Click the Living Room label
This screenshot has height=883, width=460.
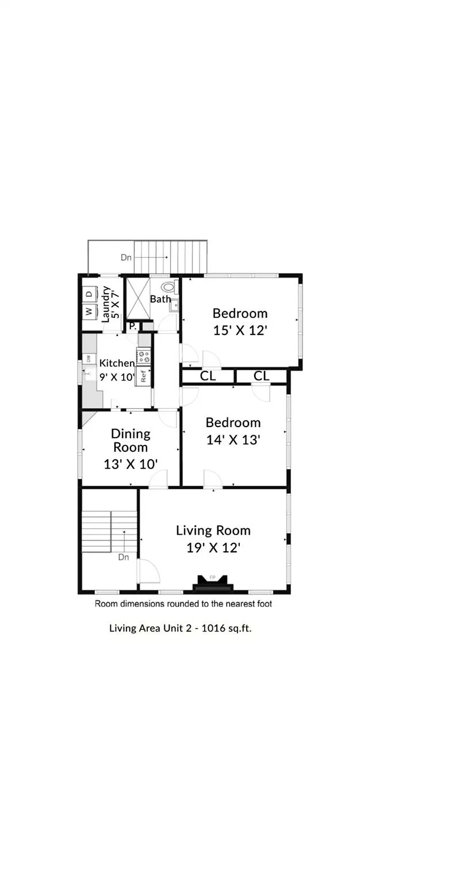coord(213,530)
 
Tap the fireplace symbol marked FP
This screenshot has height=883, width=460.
coord(212,583)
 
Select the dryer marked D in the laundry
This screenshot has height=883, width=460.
coord(89,294)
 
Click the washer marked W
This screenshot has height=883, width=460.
coord(89,311)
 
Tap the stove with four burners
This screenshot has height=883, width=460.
coord(144,356)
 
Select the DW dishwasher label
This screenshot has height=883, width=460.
coord(89,359)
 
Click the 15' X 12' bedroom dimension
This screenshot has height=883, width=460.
coord(240,331)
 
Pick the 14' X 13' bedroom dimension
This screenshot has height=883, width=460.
coord(233,440)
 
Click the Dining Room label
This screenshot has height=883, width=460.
coord(131,440)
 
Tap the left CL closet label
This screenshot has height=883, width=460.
coord(208,376)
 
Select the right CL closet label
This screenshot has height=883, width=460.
coord(261,376)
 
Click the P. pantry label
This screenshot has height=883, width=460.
coord(133,327)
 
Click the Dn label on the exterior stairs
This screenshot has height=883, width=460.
coord(126,258)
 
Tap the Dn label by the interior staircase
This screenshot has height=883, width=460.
coord(124,557)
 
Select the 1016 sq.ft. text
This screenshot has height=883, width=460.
coord(226,628)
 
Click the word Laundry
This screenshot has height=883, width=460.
coord(105,304)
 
